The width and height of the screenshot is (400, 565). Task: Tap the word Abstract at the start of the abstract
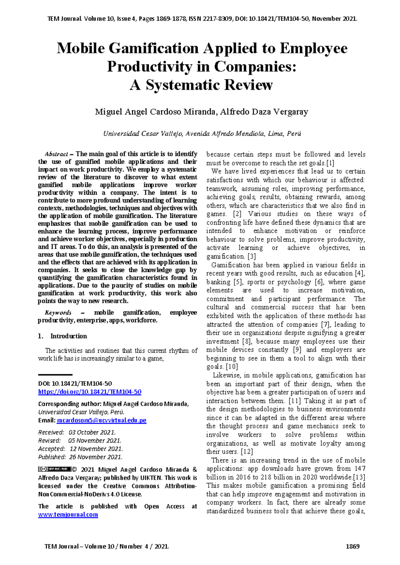click(x=56, y=154)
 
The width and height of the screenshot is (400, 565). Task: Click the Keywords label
click(x=58, y=313)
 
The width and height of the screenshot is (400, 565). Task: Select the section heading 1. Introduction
click(x=63, y=336)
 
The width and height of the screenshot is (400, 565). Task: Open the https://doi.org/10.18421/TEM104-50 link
click(x=90, y=392)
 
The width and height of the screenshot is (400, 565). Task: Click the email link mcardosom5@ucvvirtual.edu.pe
click(x=102, y=420)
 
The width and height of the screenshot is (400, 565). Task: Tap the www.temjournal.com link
click(x=68, y=515)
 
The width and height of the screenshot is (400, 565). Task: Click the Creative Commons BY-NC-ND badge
click(x=55, y=469)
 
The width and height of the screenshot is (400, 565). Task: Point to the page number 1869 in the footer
click(x=352, y=546)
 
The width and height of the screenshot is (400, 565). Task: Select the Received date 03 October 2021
click(x=92, y=432)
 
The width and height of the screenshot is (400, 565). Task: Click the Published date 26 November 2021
click(x=96, y=457)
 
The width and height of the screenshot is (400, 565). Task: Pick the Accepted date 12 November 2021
click(x=96, y=449)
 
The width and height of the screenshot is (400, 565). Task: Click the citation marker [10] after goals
click(x=232, y=367)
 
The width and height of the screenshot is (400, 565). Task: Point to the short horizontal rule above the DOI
click(x=55, y=375)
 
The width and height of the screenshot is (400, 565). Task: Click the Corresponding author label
click(x=70, y=404)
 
